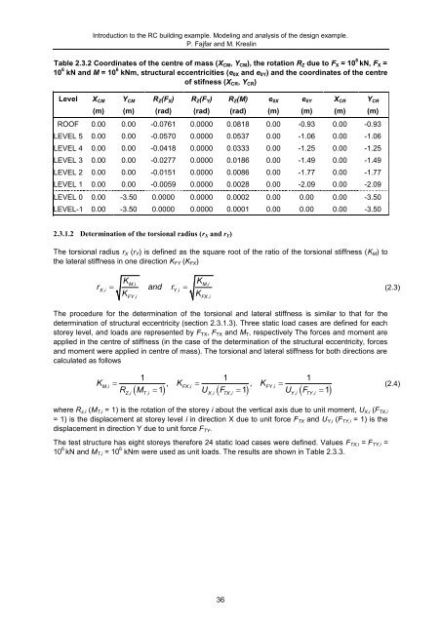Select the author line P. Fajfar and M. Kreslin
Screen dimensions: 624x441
220,30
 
